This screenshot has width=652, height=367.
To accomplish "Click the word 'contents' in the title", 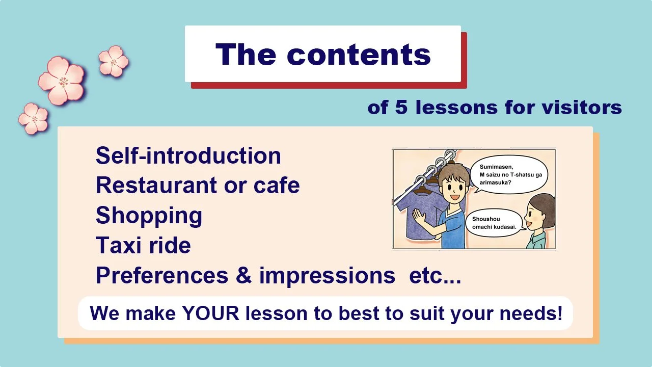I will click(359, 54).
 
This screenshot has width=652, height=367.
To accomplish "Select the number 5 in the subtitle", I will click(401, 108).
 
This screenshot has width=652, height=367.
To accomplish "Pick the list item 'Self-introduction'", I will click(188, 155).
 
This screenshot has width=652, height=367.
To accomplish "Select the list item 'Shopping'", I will click(149, 216).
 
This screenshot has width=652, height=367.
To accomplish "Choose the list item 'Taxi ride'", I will click(143, 246).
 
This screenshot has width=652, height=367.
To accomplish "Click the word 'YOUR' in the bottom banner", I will click(210, 313).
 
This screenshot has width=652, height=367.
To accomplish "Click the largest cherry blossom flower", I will click(62, 81).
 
